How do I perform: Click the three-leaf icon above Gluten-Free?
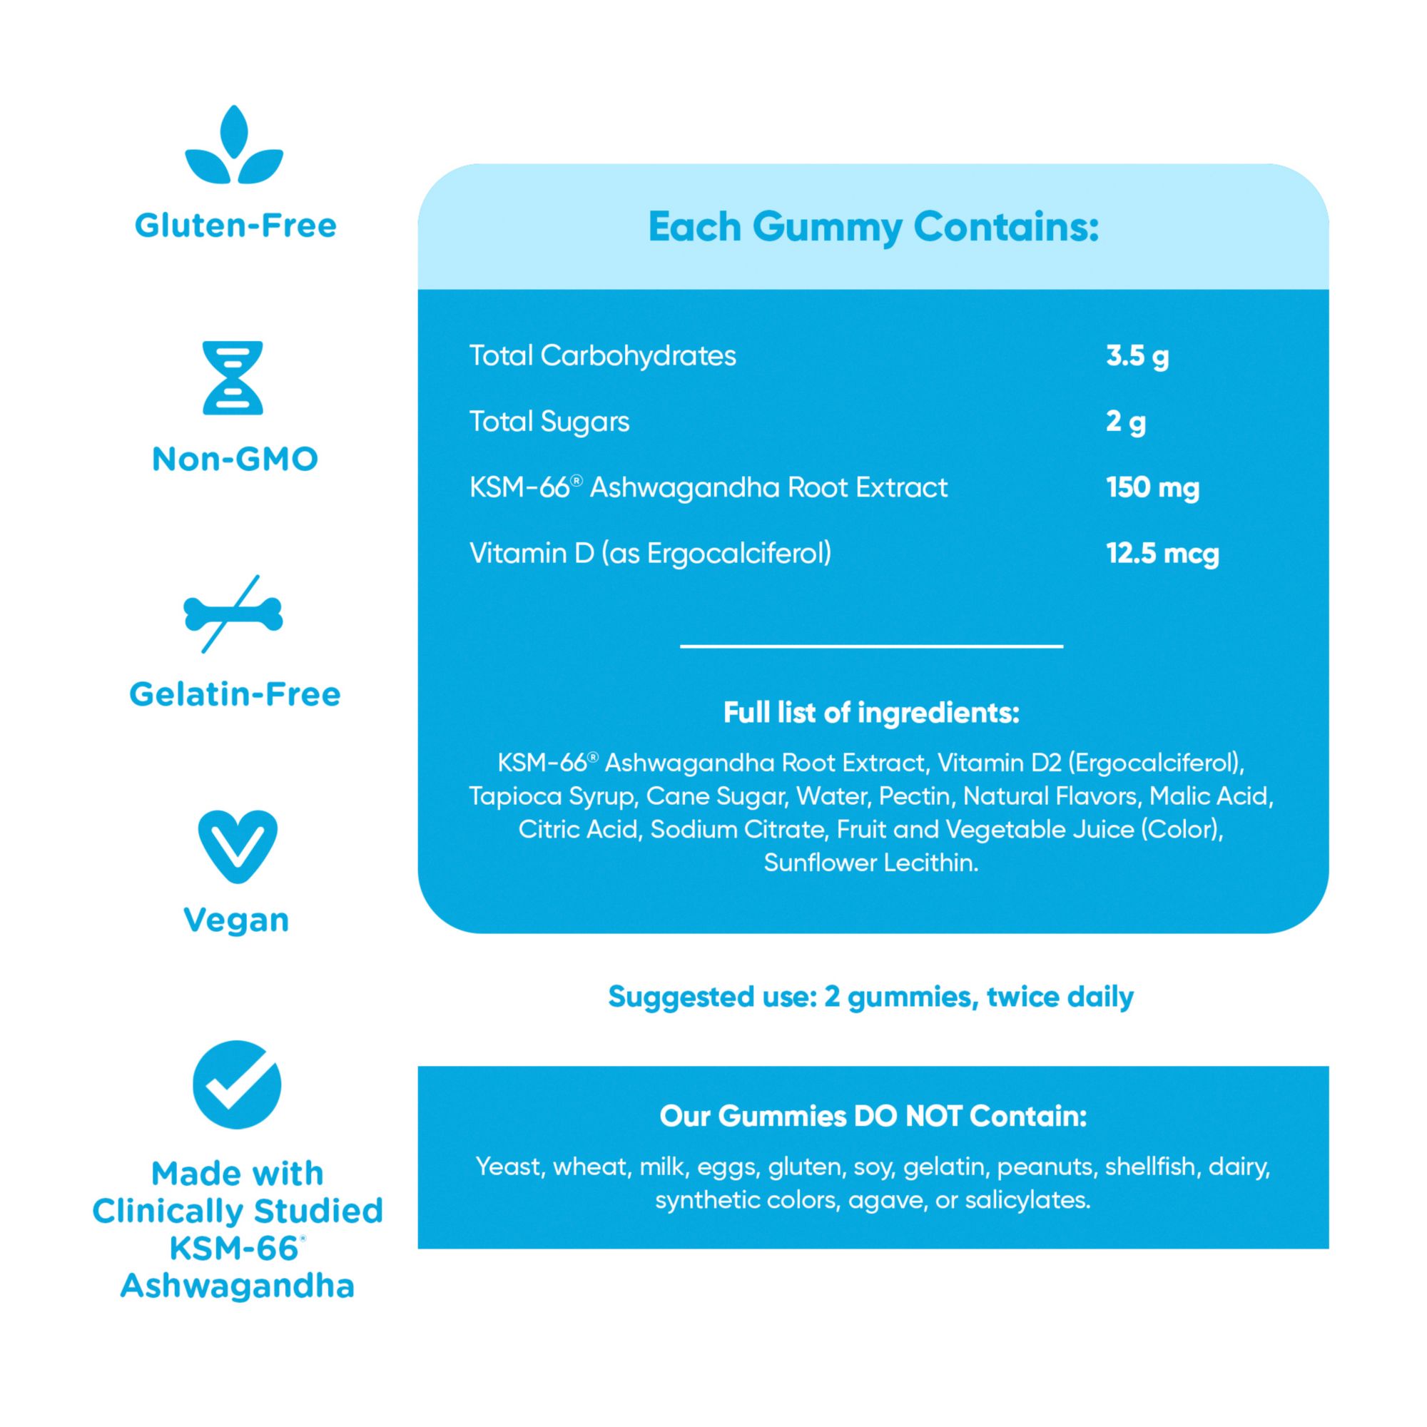pos(234,146)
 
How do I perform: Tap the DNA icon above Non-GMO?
pos(233,377)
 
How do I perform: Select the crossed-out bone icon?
pos(233,614)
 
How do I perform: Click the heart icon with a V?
pos(237,845)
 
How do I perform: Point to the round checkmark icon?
pos(237,1085)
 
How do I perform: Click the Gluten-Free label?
pos(235,225)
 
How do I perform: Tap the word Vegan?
pos(236,920)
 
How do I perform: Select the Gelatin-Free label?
pos(235,694)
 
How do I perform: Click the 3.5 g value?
pos(1137,356)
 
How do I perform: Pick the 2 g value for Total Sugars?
pos(1125,422)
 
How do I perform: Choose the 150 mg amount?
pos(1152,487)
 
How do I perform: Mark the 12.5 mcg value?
pos(1162,553)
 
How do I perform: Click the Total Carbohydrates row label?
pos(603,356)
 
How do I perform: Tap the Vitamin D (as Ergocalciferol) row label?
pos(650,553)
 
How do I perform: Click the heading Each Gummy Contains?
pos(873,227)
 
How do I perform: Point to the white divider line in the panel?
pos(872,646)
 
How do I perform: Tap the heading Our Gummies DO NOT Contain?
pos(873,1116)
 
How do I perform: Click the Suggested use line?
pos(870,997)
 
